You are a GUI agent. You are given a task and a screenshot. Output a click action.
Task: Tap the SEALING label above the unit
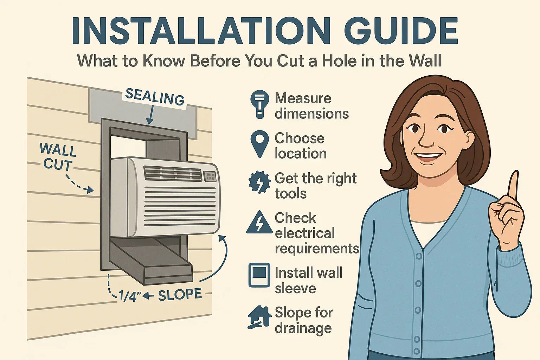(155, 97)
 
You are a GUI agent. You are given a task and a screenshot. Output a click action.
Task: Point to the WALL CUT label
(58, 157)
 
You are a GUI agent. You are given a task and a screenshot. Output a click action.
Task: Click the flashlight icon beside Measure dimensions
(259, 104)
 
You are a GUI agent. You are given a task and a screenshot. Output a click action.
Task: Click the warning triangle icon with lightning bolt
(259, 223)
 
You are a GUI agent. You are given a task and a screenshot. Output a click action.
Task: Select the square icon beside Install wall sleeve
(259, 275)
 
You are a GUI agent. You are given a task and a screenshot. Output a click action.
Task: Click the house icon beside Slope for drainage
(259, 317)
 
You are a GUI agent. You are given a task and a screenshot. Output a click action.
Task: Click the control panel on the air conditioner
(210, 176)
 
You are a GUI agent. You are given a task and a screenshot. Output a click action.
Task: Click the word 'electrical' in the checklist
(304, 233)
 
